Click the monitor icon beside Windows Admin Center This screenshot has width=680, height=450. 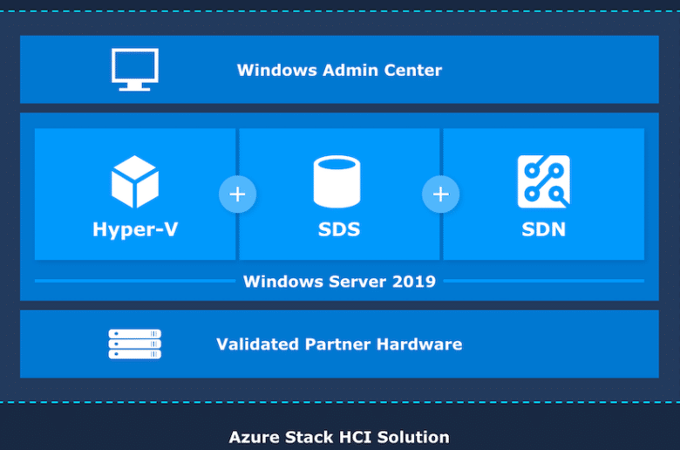pyautogui.click(x=135, y=70)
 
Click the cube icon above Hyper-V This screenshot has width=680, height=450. pyautogui.click(x=135, y=181)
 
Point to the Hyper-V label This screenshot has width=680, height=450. pyautogui.click(x=135, y=229)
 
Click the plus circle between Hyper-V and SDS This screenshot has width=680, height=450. pyautogui.click(x=237, y=194)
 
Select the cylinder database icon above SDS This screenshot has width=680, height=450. pyautogui.click(x=337, y=181)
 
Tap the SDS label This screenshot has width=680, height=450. pyautogui.click(x=339, y=229)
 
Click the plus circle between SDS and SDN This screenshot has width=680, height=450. pyautogui.click(x=440, y=194)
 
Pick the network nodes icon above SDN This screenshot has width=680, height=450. pyautogui.click(x=544, y=181)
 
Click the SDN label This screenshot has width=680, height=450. pyautogui.click(x=544, y=229)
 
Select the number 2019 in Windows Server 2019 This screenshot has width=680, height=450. pyautogui.click(x=414, y=282)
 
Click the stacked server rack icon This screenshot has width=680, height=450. pyautogui.click(x=135, y=344)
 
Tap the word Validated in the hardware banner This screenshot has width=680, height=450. pyautogui.click(x=257, y=344)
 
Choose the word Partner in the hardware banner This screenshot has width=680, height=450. pyautogui.click(x=338, y=344)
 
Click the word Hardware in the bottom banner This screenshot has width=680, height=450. pyautogui.click(x=419, y=344)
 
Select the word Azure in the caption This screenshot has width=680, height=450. pyautogui.click(x=255, y=438)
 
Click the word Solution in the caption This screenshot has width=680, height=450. pyautogui.click(x=413, y=438)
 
